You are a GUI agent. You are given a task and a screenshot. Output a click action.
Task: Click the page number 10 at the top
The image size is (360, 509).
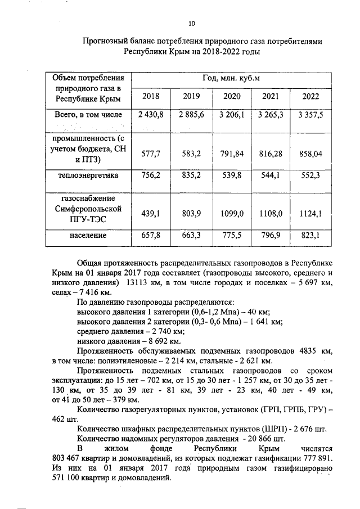click(192, 23)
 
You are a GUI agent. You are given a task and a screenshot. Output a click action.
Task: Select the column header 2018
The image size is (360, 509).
click(150, 96)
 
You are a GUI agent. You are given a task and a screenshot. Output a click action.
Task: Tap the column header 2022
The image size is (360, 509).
click(310, 96)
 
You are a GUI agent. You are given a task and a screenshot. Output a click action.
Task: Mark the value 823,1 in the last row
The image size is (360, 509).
click(310, 235)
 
